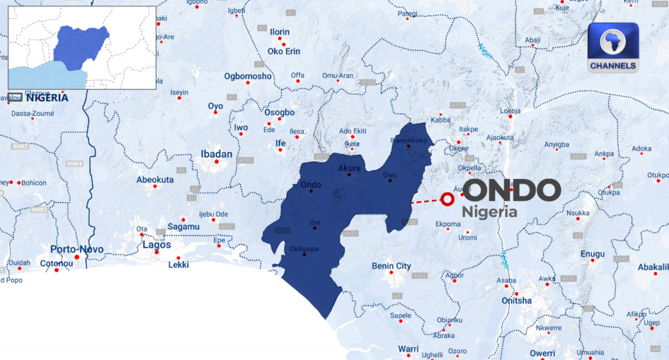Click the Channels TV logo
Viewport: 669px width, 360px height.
(x=613, y=47)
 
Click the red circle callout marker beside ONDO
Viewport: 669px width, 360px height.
(x=448, y=199)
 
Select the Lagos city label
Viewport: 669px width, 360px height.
(x=156, y=245)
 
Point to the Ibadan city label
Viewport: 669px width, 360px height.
(x=216, y=154)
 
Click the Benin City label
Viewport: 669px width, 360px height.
(x=391, y=266)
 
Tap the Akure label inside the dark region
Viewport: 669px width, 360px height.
(x=350, y=168)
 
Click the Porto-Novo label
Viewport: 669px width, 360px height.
(x=78, y=249)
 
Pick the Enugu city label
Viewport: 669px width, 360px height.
(x=593, y=254)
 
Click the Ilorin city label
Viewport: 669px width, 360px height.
(x=280, y=32)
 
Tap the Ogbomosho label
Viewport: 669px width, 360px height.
(x=248, y=76)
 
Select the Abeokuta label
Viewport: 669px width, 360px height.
(x=155, y=179)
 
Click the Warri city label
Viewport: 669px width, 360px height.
(x=408, y=348)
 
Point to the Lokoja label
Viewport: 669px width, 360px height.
(x=510, y=111)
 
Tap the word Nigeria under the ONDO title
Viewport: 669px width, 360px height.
(x=489, y=212)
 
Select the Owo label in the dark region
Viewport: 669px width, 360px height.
(x=389, y=175)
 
